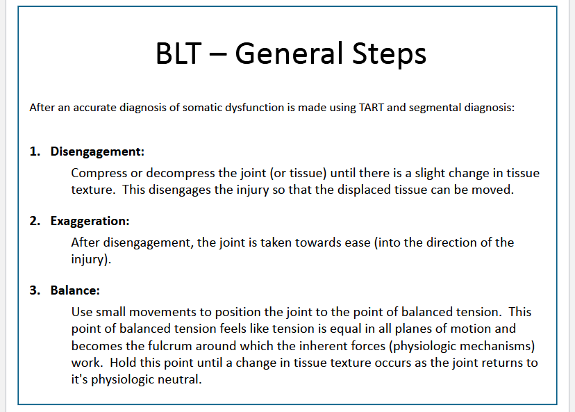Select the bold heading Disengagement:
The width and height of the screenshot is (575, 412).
(x=97, y=151)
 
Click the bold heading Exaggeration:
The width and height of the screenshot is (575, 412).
(x=90, y=221)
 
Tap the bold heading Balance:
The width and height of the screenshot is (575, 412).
(x=75, y=290)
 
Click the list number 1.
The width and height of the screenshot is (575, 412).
(x=34, y=151)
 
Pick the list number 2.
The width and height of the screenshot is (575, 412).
(x=34, y=221)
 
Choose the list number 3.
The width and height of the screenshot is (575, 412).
(x=34, y=290)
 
